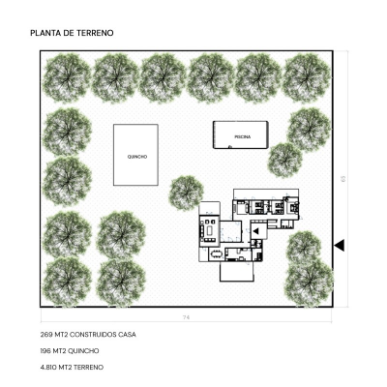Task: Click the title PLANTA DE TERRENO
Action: point(72,33)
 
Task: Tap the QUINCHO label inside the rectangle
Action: point(137,157)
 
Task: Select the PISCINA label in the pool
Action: point(243,136)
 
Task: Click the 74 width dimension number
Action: point(186,317)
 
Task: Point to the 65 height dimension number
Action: point(342,178)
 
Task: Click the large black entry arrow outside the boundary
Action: point(340,246)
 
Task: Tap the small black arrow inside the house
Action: point(255,231)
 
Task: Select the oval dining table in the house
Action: point(217,254)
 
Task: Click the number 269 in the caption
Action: point(46,335)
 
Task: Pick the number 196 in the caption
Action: point(46,351)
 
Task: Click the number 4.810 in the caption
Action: point(48,368)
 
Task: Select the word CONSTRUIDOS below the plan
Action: point(93,335)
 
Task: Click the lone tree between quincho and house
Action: point(186,193)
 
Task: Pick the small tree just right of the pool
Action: point(284,160)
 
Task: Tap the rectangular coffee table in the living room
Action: point(210,230)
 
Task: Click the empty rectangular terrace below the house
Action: point(237,272)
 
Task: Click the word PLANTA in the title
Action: point(44,33)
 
